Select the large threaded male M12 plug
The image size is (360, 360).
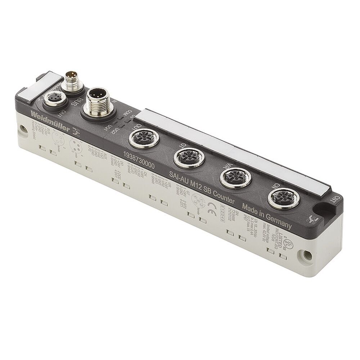96,102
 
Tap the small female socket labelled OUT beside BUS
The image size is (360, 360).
52,99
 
